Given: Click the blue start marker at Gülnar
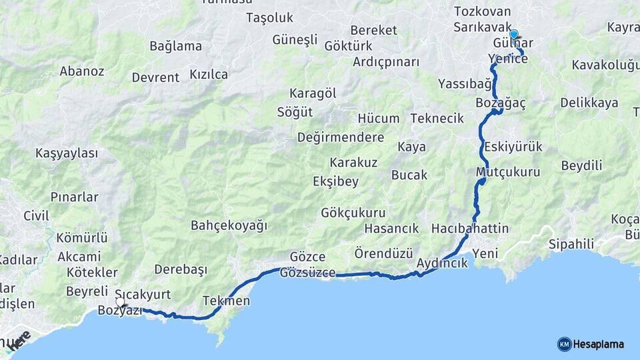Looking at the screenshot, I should (x=513, y=34).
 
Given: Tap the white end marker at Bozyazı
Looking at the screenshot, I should (x=120, y=302).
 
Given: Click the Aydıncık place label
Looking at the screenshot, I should (x=442, y=263).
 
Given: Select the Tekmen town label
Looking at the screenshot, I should (x=226, y=301).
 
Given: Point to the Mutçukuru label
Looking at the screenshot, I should (x=508, y=172).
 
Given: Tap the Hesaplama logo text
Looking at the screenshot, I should (x=599, y=344).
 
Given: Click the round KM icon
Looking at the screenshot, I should (x=564, y=344).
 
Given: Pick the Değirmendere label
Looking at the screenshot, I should (x=340, y=137).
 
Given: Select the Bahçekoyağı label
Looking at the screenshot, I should (x=229, y=225).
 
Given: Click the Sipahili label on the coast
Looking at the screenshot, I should (x=571, y=243).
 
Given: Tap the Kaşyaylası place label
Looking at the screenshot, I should (x=67, y=153).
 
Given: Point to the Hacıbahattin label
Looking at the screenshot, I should (x=470, y=229).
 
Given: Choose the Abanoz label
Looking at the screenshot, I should (x=82, y=71).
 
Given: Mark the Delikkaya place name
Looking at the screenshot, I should (x=589, y=103).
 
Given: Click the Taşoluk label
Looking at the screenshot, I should (x=269, y=18).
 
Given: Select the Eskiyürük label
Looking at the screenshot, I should (x=513, y=147).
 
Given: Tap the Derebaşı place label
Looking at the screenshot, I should (x=181, y=269).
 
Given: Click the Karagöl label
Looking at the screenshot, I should (x=313, y=93).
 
